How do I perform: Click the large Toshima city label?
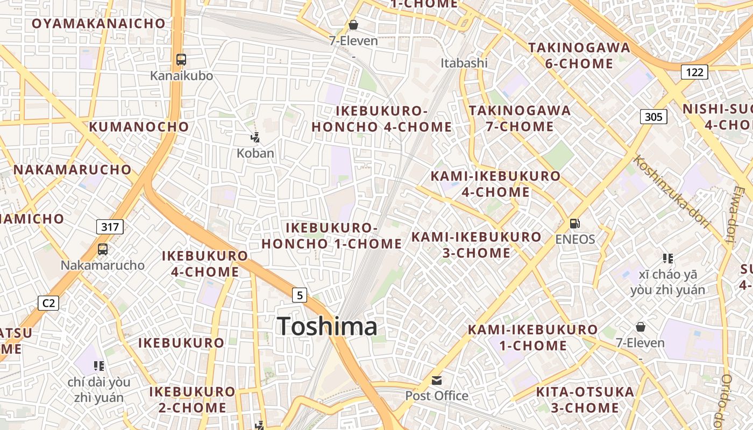point(327,327)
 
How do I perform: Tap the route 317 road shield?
point(110,227)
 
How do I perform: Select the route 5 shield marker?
point(300,295)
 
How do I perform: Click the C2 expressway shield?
point(48,303)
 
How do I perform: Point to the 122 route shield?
point(694,72)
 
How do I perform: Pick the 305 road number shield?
point(653,117)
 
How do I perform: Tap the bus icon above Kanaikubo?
point(181,60)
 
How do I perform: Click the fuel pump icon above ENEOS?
point(575,223)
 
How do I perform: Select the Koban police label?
point(255,153)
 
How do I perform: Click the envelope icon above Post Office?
point(437,381)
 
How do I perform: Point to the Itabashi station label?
point(464,63)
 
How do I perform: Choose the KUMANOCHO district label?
point(139,127)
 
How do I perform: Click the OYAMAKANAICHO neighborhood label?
point(98,24)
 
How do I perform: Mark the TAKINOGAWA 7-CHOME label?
point(520,119)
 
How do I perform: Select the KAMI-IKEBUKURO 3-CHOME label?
point(477,245)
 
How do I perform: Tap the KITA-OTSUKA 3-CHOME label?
point(585,399)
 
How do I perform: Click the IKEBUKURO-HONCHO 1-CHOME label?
point(332,236)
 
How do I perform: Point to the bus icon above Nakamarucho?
point(103,249)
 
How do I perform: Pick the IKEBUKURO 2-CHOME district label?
point(193,399)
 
